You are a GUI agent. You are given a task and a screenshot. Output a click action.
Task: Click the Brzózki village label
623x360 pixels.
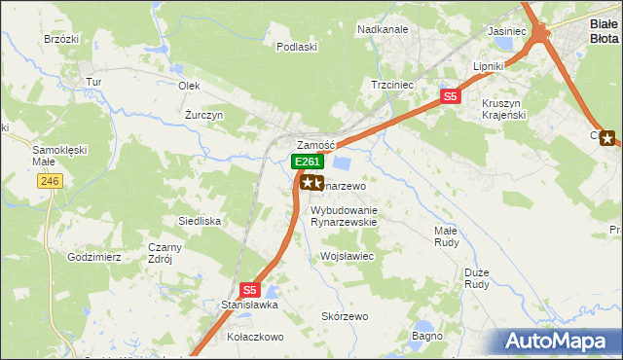(x=60, y=39)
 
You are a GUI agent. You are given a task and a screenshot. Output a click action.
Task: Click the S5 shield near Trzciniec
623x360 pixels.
(x=449, y=96)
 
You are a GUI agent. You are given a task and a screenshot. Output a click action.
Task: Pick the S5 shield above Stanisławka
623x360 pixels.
(x=249, y=289)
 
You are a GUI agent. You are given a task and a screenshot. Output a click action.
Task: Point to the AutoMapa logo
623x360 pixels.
(x=560, y=342)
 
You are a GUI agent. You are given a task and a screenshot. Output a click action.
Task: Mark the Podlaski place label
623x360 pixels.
(x=297, y=47)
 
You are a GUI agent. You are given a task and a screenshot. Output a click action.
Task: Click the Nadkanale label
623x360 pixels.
(x=383, y=30)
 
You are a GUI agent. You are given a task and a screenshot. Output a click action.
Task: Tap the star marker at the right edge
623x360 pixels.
(x=608, y=138)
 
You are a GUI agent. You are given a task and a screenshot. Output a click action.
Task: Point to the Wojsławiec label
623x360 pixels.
(x=348, y=256)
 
